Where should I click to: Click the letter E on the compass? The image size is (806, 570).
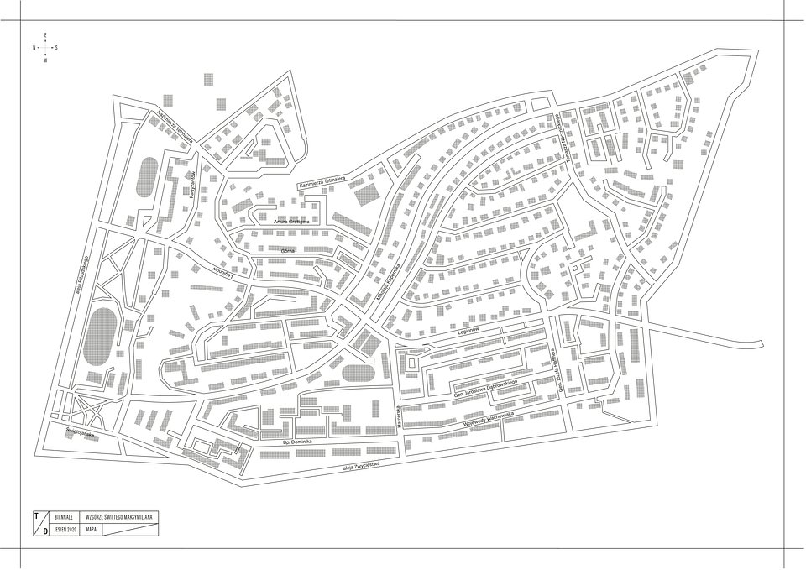(44, 34)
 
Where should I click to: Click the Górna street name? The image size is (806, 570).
(289, 250)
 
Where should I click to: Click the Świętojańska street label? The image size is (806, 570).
(81, 435)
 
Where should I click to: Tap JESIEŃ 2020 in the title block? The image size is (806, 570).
(65, 531)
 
